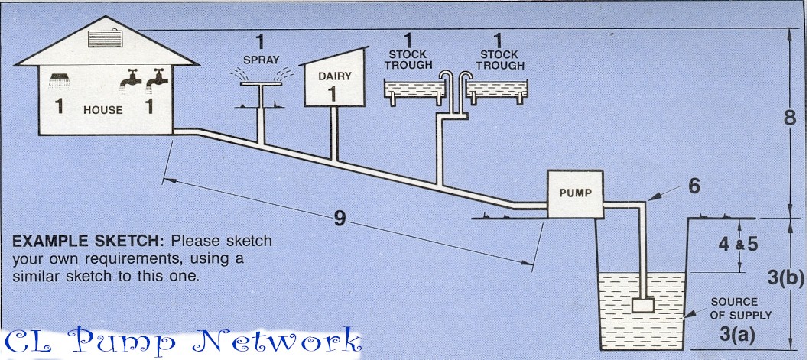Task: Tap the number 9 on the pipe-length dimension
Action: [x=340, y=218]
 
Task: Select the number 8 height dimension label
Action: [x=791, y=118]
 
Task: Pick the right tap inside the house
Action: [x=158, y=78]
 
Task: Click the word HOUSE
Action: [x=103, y=110]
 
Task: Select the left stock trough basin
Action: [x=413, y=91]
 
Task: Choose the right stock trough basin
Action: [x=497, y=91]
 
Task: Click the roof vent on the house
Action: [x=106, y=38]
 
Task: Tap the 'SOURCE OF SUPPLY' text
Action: [x=741, y=308]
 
